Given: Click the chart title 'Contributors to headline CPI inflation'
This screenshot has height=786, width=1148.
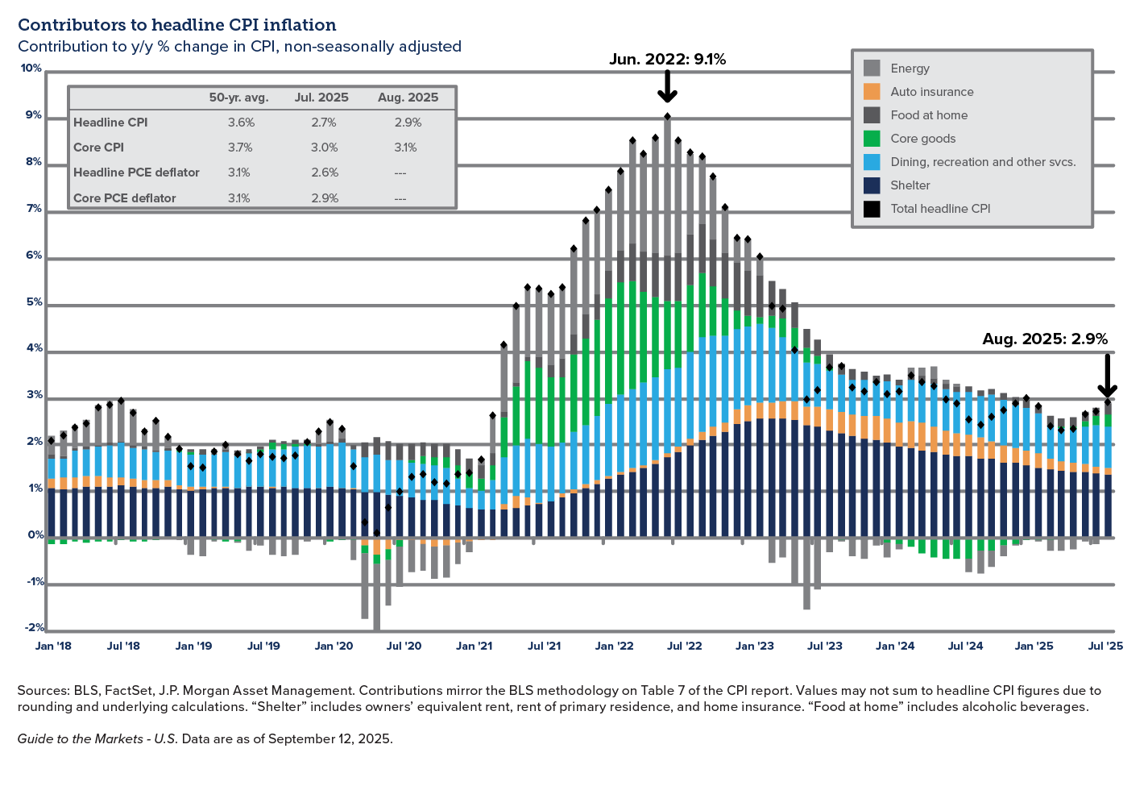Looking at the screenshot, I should point(177,25).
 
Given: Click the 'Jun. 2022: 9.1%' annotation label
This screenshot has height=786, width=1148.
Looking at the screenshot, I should point(667,59).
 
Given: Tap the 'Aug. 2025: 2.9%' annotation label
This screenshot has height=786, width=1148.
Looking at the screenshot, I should point(1044,339).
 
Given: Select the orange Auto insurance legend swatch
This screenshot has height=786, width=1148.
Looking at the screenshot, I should point(872,92).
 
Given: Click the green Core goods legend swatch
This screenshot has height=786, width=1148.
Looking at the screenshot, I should point(872,139).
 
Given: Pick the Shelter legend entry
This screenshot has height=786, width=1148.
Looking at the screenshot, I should point(910,185).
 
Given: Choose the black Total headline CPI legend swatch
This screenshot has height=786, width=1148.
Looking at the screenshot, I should point(872,209).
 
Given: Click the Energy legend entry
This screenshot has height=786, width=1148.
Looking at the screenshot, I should point(910,69).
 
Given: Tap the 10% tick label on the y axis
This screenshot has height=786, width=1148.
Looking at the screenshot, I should point(31,69).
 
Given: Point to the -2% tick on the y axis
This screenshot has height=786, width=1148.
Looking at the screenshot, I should point(35,628).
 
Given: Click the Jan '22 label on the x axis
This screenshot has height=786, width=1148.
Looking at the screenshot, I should point(614,646).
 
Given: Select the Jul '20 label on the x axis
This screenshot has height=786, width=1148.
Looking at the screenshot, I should point(404,646).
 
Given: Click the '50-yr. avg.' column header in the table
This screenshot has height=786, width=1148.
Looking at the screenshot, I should point(238,98).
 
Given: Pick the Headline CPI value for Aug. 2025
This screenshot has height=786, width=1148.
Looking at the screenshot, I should point(408,123).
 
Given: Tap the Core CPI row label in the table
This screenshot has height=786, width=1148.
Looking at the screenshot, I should point(98,148).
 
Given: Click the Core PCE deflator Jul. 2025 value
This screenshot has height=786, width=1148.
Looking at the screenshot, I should point(325,198).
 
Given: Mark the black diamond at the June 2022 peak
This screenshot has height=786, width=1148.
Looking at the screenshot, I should point(667,116).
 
